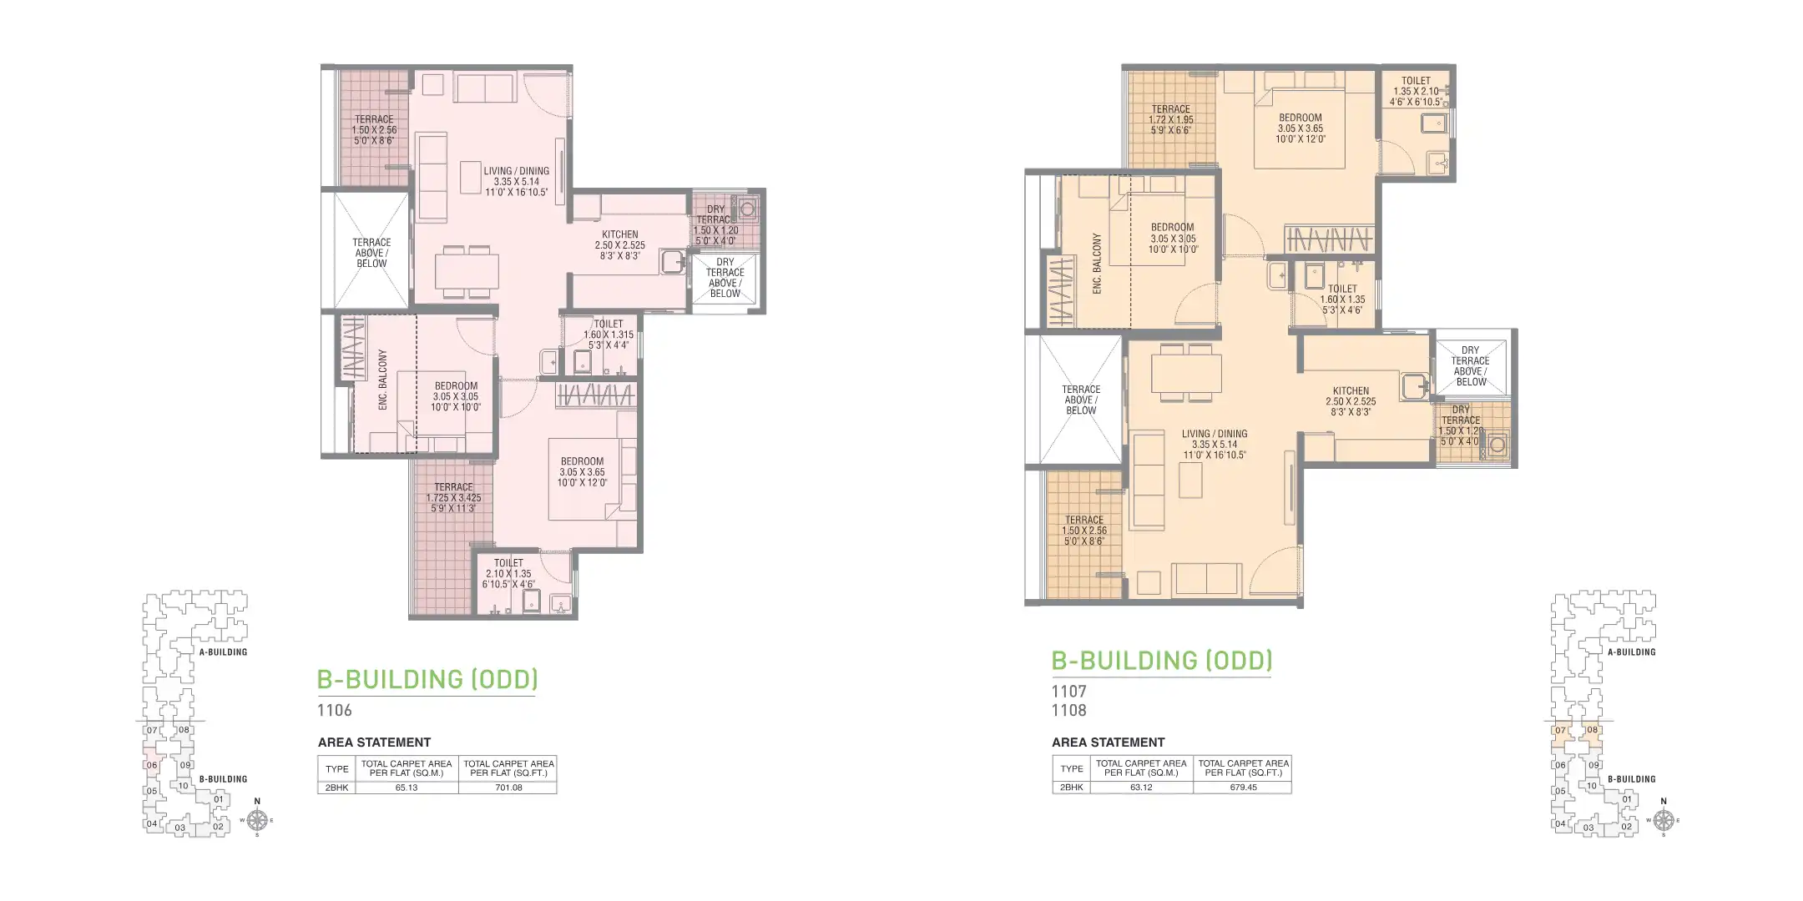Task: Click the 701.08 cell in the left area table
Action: [x=508, y=788]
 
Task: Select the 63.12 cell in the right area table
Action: [x=1141, y=788]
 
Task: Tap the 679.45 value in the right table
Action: [x=1243, y=788]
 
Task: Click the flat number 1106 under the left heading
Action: [x=335, y=711]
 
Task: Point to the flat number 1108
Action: [x=1069, y=711]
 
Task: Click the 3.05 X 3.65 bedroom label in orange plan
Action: [x=1300, y=128]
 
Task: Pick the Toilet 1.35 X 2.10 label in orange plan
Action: [x=1416, y=91]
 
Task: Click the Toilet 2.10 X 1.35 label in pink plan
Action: [x=508, y=573]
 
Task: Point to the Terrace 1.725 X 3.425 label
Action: [x=453, y=497]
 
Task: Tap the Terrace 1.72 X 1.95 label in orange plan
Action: [x=1171, y=119]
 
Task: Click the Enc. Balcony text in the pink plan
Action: [x=383, y=380]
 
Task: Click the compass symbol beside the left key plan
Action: [x=257, y=820]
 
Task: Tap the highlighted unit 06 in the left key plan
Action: [x=152, y=765]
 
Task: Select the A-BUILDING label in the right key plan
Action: [x=1631, y=652]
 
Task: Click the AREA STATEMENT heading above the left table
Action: [x=374, y=742]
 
